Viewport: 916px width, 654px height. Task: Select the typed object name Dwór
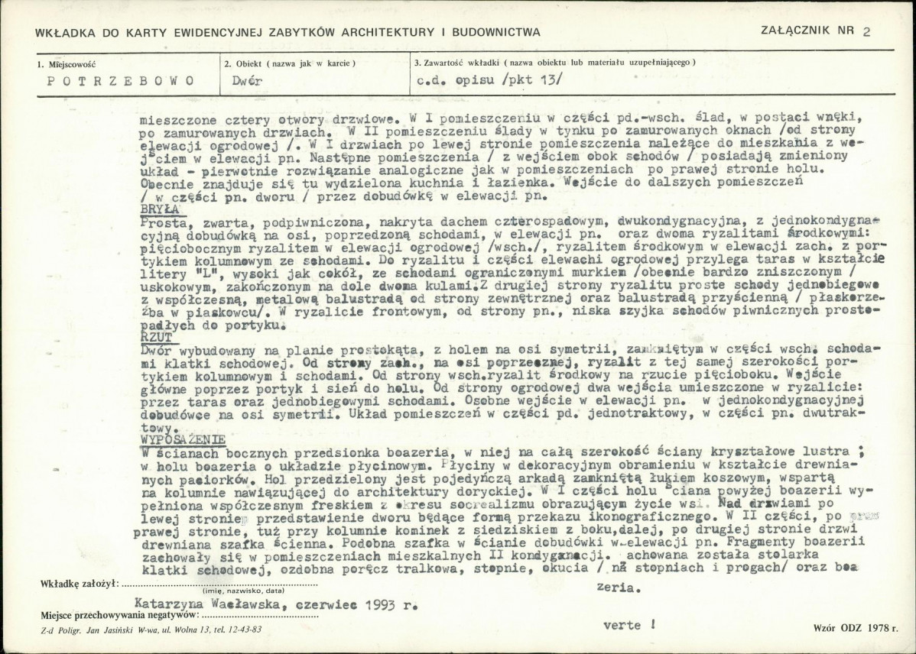[245, 80]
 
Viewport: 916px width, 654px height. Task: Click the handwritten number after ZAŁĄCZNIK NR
[866, 32]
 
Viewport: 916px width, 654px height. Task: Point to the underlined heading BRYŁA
[160, 208]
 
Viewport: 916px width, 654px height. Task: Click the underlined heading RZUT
[157, 335]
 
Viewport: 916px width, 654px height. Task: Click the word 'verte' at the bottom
[622, 625]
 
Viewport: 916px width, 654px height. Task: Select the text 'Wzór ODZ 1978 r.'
[856, 626]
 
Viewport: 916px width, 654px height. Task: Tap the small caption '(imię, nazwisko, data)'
[243, 591]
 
